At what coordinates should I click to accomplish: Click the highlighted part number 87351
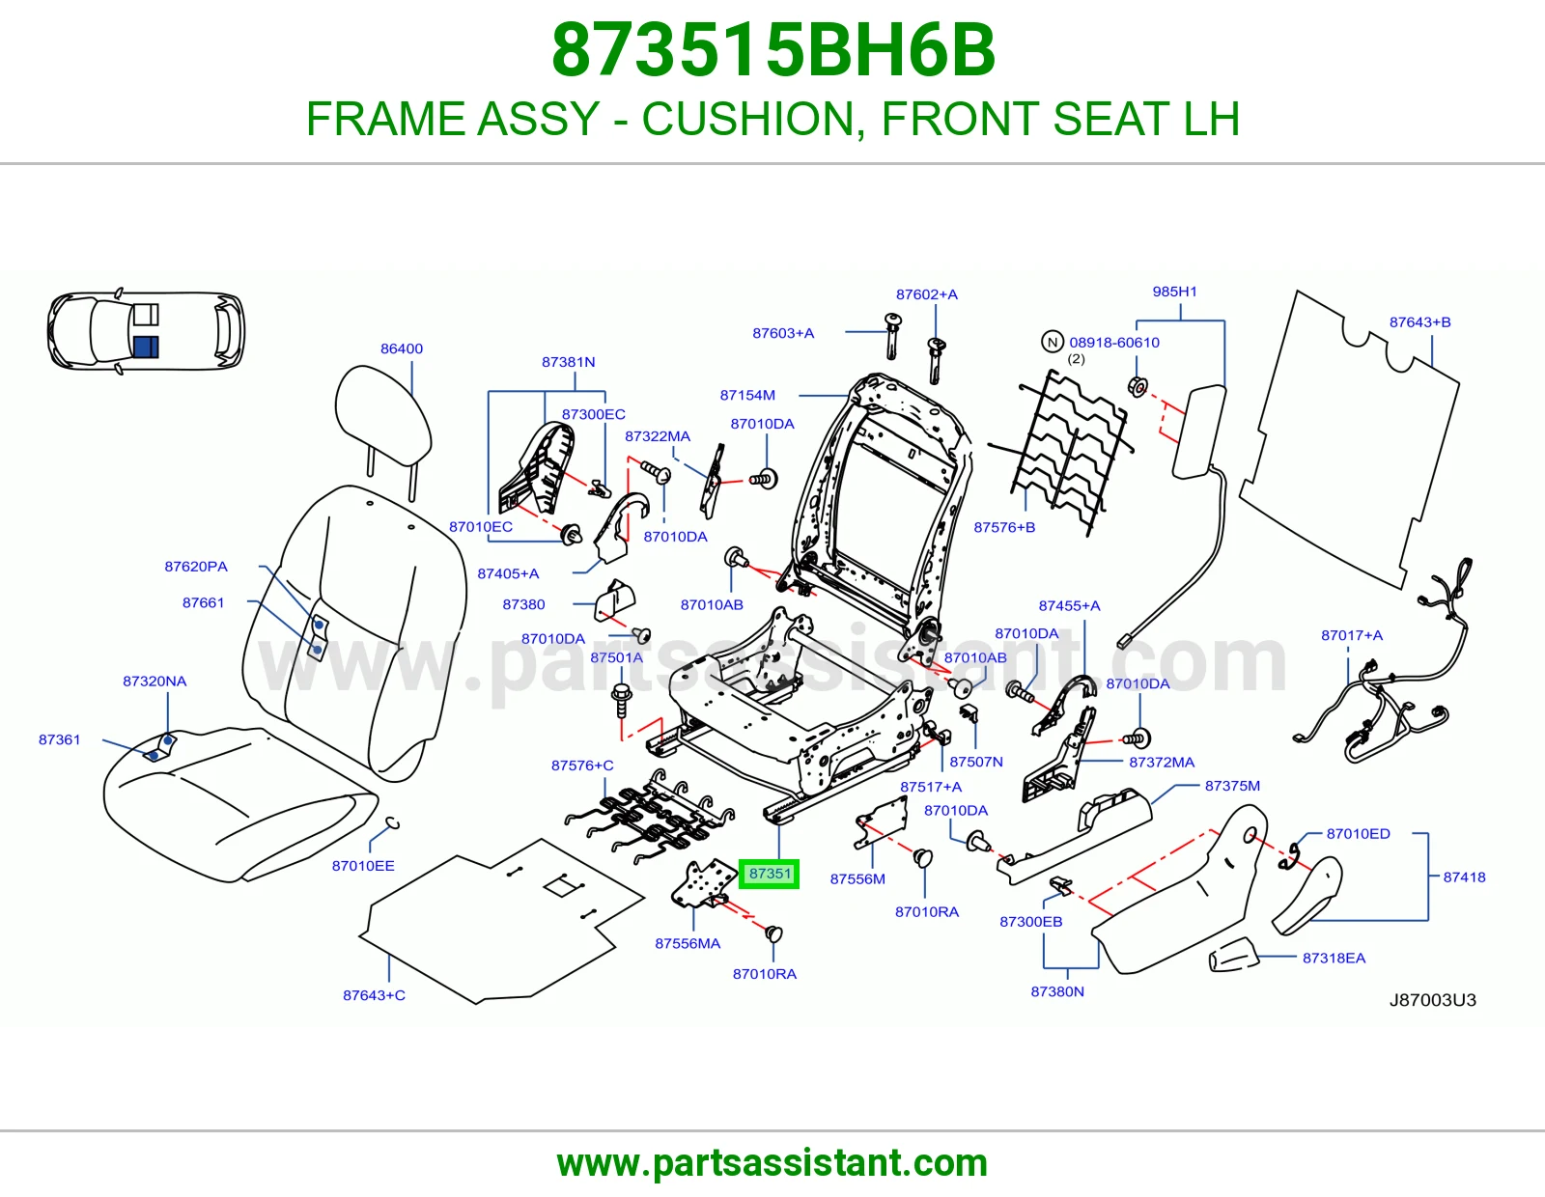click(x=770, y=874)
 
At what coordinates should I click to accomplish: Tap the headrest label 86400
click(x=401, y=348)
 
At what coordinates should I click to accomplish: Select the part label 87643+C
click(x=374, y=995)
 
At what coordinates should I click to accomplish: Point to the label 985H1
click(x=1174, y=292)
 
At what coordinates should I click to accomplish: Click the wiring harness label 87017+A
click(x=1352, y=635)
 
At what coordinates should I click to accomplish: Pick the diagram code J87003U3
click(x=1433, y=1000)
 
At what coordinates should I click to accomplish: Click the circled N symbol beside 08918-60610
click(x=1053, y=342)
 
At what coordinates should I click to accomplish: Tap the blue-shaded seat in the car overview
click(x=146, y=348)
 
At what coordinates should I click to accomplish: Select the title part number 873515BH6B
click(x=772, y=50)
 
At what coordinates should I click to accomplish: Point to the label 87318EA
click(x=1334, y=959)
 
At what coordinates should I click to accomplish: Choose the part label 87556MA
click(x=688, y=943)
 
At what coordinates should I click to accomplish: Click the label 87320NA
click(x=154, y=681)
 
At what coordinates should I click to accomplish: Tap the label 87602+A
click(x=926, y=294)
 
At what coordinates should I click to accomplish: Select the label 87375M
click(x=1232, y=786)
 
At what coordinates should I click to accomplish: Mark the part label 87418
click(x=1464, y=877)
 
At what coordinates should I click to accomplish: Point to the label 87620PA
click(x=196, y=567)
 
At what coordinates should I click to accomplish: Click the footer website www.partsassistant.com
click(x=772, y=1163)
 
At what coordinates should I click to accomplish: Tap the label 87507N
click(x=976, y=762)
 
